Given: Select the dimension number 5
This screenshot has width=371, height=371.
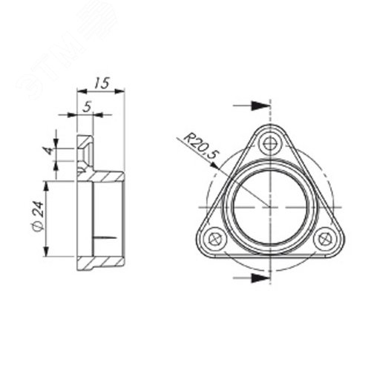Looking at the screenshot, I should [88, 106].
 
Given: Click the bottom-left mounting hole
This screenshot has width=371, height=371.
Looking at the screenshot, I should [215, 239].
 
